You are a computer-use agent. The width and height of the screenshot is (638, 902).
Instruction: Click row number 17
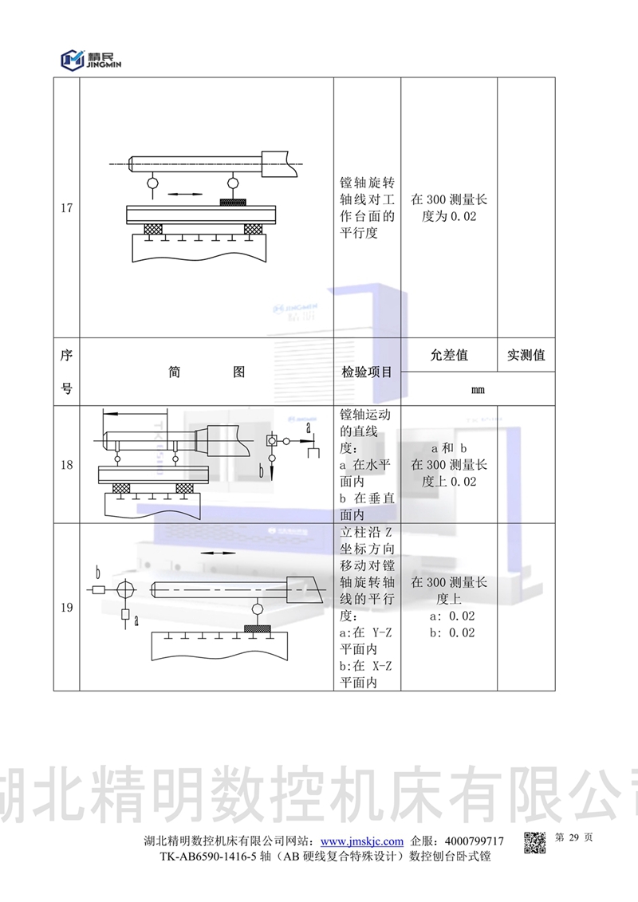(x=66, y=209)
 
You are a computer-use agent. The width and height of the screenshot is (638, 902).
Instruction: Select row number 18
(x=66, y=465)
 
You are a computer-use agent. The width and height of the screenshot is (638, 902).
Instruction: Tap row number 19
(x=66, y=608)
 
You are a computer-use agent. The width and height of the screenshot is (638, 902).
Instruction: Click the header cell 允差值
(x=448, y=356)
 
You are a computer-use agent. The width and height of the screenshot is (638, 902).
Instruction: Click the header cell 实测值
(x=526, y=356)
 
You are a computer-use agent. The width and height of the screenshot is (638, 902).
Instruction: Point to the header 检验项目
(x=367, y=372)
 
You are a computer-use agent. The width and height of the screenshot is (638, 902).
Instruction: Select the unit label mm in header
(x=478, y=390)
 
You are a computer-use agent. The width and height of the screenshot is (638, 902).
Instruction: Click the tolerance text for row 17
(x=448, y=208)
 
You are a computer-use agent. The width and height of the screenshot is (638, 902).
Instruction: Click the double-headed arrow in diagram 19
(x=214, y=553)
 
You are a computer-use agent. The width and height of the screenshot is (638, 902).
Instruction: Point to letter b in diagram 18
(x=261, y=471)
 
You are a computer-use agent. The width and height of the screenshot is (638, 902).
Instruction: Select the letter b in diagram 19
(x=97, y=572)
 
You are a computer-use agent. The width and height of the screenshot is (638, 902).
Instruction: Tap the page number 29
(x=573, y=838)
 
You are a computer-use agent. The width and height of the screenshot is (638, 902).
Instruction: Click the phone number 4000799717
(x=474, y=841)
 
